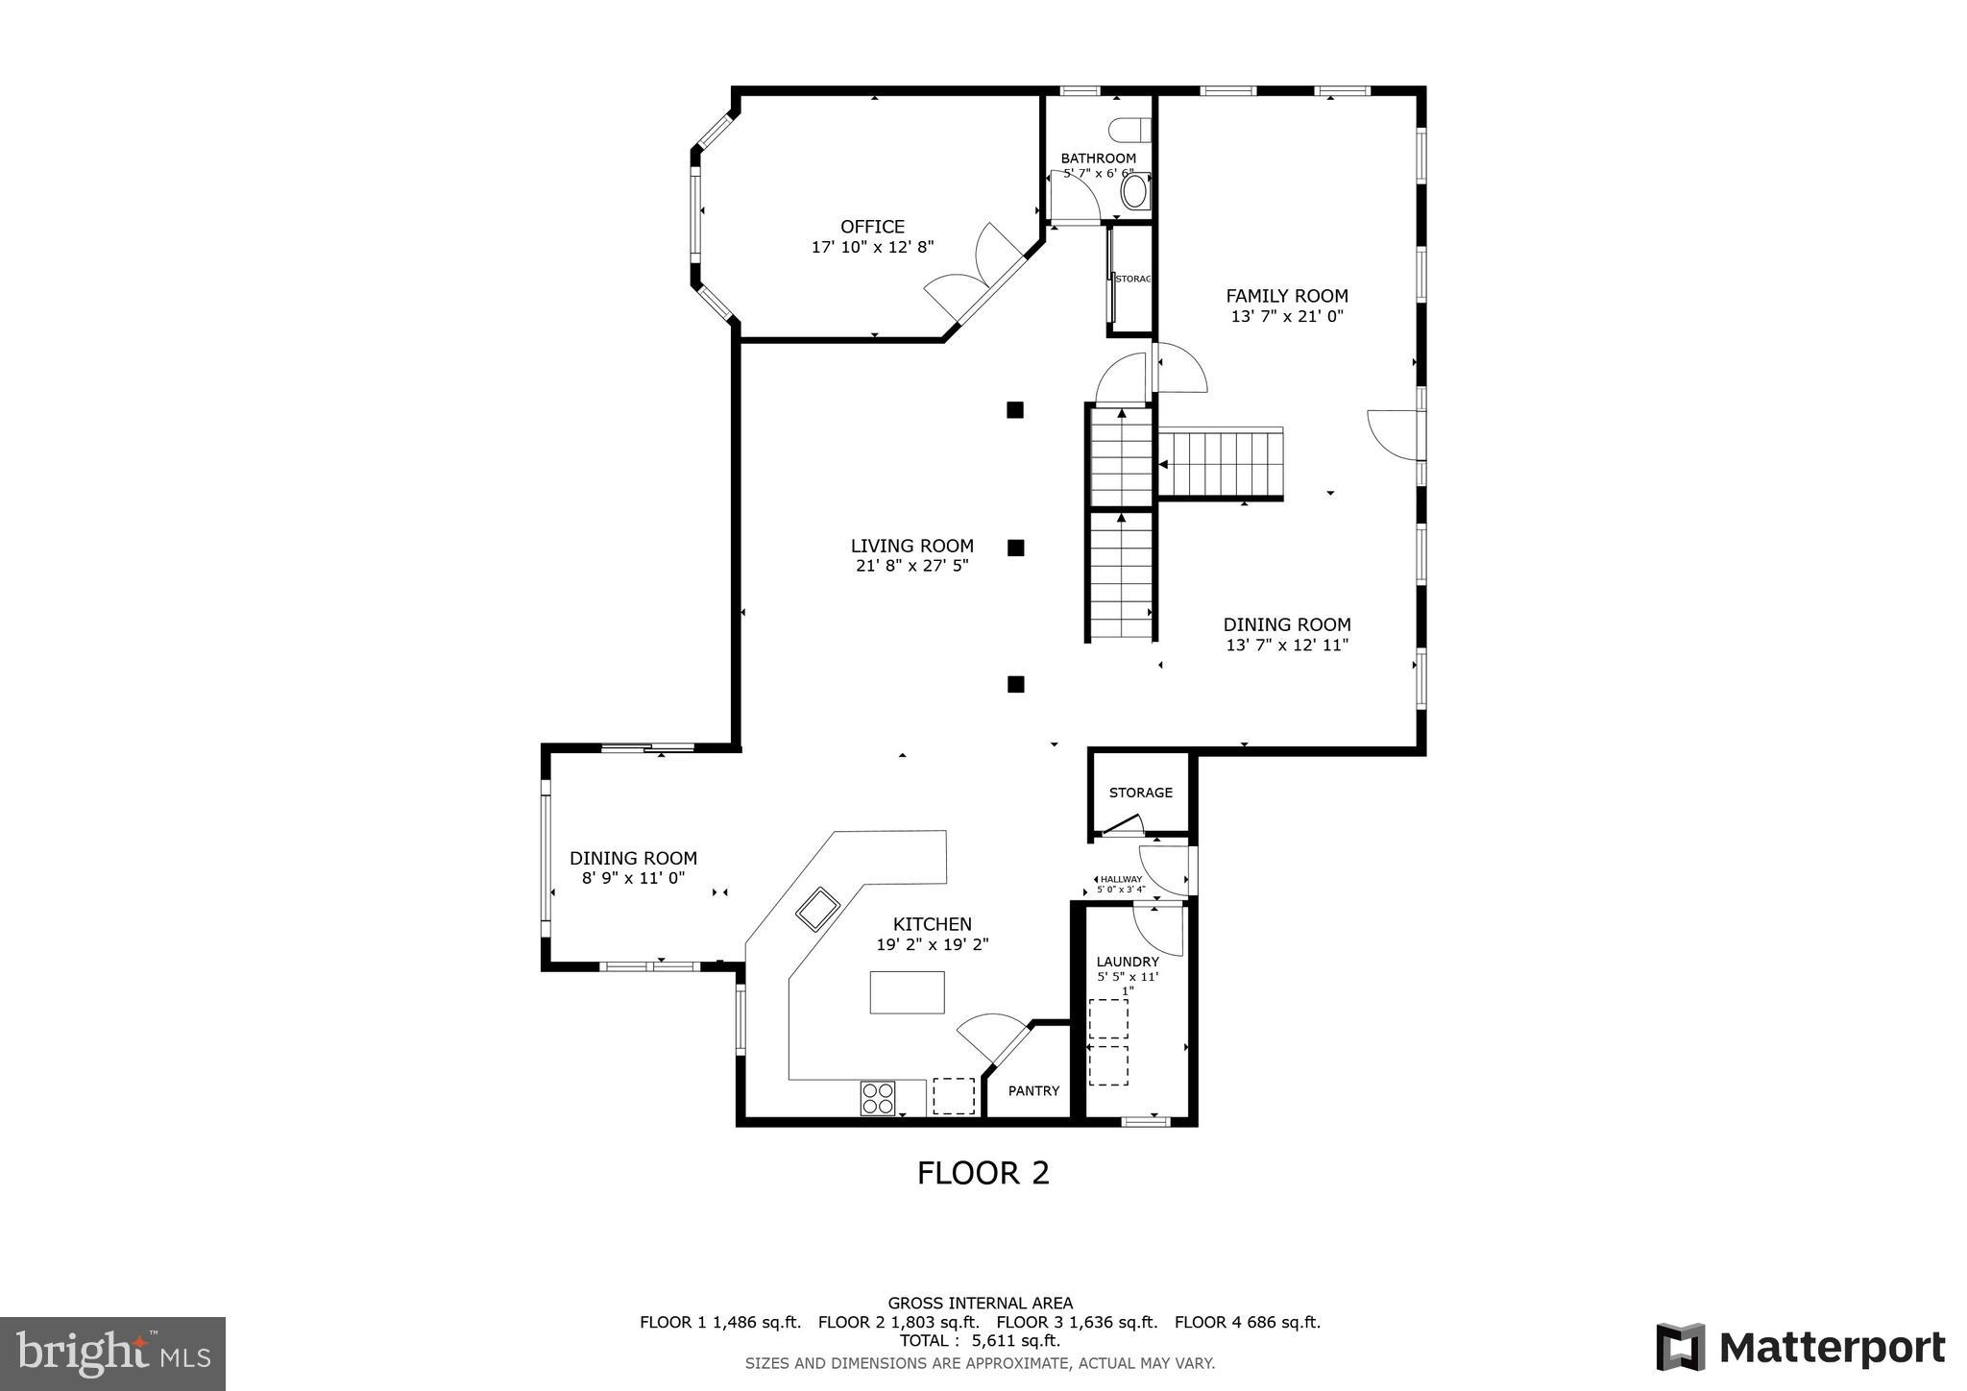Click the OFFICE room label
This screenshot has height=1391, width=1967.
pyautogui.click(x=872, y=227)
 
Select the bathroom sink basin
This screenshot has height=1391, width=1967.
pyautogui.click(x=1134, y=190)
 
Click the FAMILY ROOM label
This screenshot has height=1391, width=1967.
pyautogui.click(x=1286, y=296)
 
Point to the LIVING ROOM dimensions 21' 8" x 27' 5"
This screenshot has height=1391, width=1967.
pyautogui.click(x=911, y=566)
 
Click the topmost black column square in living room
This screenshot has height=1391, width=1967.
pyautogui.click(x=1015, y=410)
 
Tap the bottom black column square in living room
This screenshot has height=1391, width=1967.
pyautogui.click(x=1015, y=684)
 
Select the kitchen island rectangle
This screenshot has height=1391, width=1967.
pyautogui.click(x=907, y=992)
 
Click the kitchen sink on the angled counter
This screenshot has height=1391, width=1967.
pyautogui.click(x=817, y=909)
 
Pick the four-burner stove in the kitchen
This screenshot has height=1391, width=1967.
pyautogui.click(x=878, y=1098)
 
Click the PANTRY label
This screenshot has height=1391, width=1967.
pyautogui.click(x=1033, y=1090)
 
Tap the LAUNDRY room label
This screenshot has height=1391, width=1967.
pyautogui.click(x=1128, y=962)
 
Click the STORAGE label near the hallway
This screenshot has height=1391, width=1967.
pyautogui.click(x=1140, y=793)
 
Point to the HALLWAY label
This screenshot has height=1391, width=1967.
pyautogui.click(x=1121, y=879)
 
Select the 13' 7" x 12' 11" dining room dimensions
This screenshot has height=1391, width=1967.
pyautogui.click(x=1287, y=646)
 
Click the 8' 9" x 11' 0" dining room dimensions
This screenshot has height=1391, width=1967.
pyautogui.click(x=633, y=877)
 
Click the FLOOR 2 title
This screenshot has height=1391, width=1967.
pyautogui.click(x=983, y=1173)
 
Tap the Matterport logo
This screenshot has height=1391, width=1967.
pyautogui.click(x=1801, y=1347)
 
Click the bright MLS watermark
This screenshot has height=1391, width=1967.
pyautogui.click(x=112, y=1354)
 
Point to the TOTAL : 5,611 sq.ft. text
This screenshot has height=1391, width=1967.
pyautogui.click(x=980, y=1341)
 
